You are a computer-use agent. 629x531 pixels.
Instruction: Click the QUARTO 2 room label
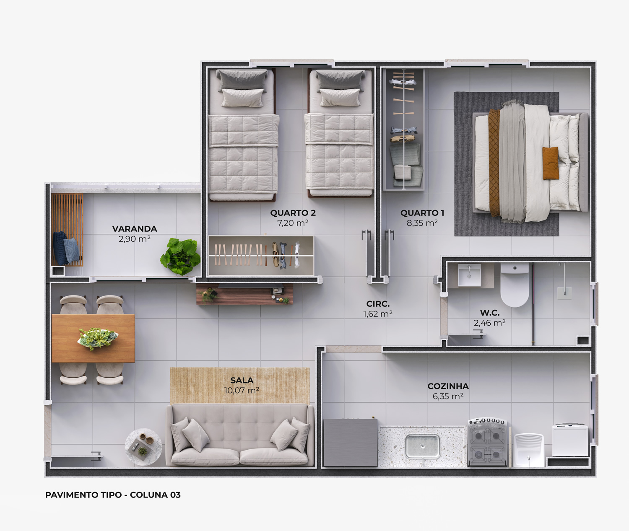(293, 213)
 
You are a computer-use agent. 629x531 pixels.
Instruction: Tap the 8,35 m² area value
(422, 223)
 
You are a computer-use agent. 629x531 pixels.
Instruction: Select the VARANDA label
(135, 229)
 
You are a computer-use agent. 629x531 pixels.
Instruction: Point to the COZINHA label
(448, 386)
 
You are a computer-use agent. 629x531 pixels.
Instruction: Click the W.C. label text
(490, 313)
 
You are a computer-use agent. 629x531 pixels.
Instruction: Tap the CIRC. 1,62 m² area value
(378, 314)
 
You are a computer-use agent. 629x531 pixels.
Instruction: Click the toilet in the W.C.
(515, 285)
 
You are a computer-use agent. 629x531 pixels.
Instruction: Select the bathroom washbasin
(469, 275)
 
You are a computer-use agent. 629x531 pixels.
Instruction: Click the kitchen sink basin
(422, 446)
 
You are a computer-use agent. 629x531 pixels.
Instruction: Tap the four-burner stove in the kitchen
(487, 442)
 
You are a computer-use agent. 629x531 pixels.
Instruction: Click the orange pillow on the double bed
(551, 163)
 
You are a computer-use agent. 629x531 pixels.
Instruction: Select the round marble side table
(144, 447)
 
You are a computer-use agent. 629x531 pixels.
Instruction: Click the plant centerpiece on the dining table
(98, 338)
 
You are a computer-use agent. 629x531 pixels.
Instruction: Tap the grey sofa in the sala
(240, 435)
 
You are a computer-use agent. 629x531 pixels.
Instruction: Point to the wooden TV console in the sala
(244, 294)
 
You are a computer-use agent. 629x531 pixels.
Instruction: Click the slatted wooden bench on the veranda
(67, 230)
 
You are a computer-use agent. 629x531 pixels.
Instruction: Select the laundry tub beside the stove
(529, 450)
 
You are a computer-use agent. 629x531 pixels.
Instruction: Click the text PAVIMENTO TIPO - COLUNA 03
(113, 495)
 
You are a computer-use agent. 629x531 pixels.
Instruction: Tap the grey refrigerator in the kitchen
(350, 443)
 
